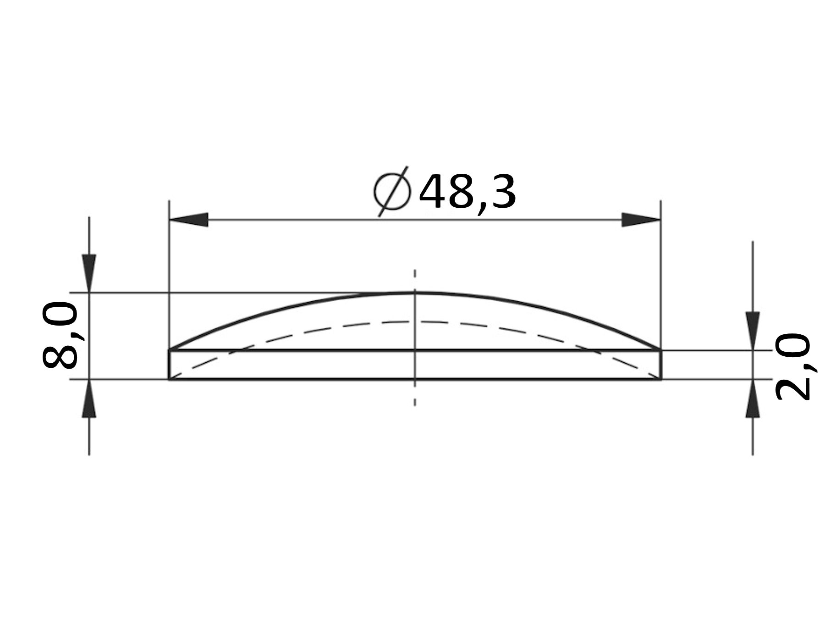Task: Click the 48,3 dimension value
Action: (467, 193)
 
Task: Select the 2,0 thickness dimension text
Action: (792, 367)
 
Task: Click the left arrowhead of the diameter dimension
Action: (188, 220)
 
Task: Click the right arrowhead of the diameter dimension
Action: (641, 220)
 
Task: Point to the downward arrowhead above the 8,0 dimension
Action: (89, 272)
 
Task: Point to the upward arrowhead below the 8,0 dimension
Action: (89, 399)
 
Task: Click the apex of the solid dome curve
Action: (415, 293)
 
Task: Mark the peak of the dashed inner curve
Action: (415, 321)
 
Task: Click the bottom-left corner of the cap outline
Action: (169, 379)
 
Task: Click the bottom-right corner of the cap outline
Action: (661, 379)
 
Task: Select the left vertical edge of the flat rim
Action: (169, 365)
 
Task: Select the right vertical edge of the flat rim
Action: (661, 365)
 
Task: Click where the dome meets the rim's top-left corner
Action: (169, 350)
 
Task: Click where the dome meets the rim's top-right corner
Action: (661, 350)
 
